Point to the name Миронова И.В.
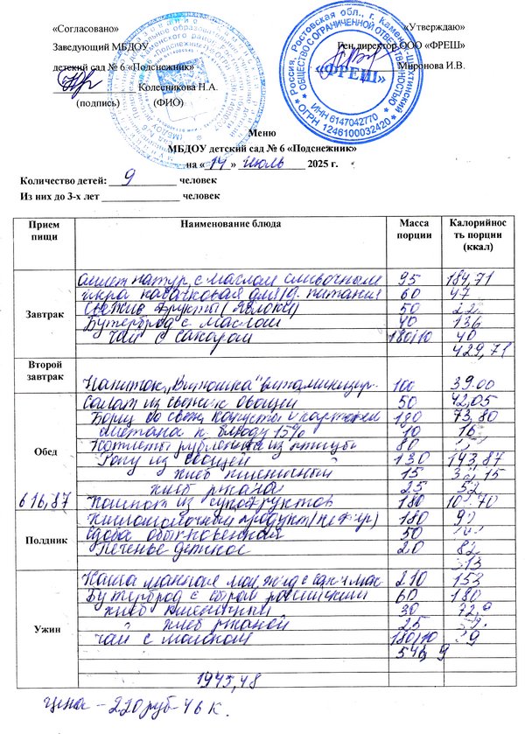point(432,65)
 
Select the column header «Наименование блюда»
point(231,225)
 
